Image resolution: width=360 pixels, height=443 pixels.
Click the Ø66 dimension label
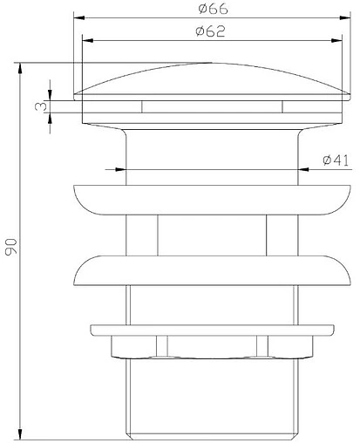[207, 9]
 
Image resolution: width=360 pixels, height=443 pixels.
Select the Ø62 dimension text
[206, 31]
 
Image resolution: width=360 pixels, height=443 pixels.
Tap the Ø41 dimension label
[336, 160]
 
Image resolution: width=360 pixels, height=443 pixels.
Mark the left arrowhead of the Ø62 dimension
[85, 40]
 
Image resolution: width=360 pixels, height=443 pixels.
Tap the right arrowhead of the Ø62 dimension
[329, 40]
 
